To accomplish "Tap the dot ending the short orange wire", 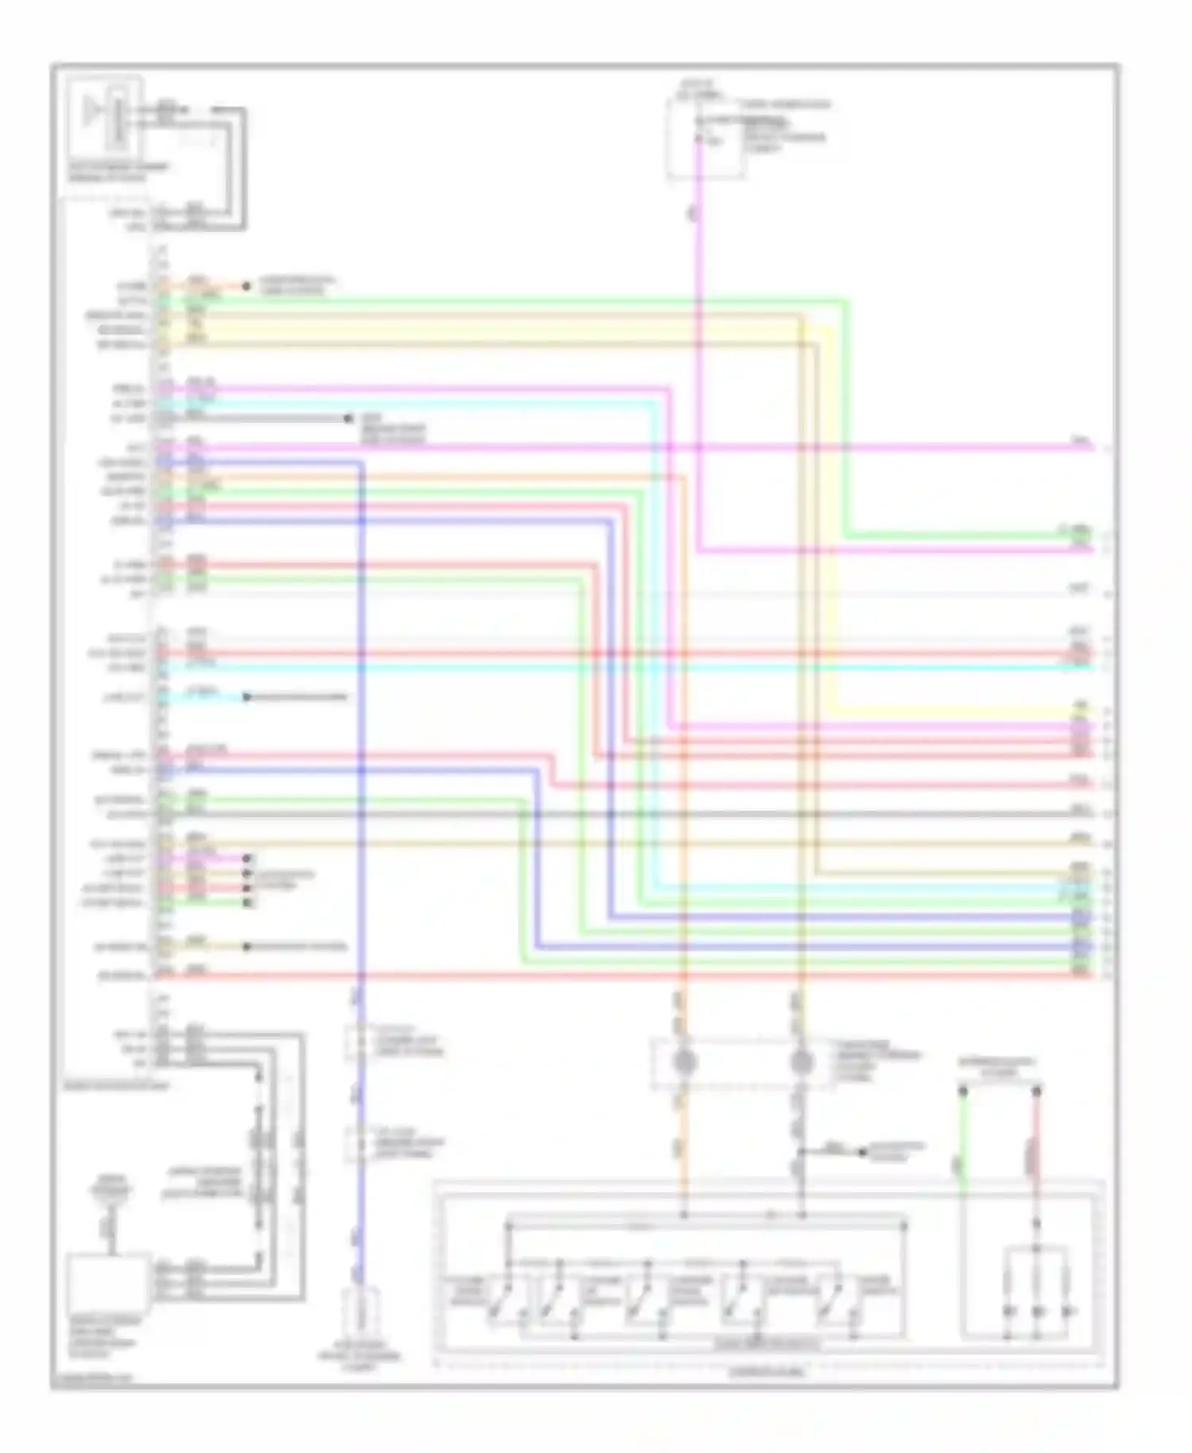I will pyautogui.click(x=246, y=285).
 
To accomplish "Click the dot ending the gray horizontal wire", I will pyautogui.click(x=348, y=418).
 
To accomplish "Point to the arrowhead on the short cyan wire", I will pyautogui.click(x=247, y=697).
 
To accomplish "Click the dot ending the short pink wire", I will pyautogui.click(x=247, y=858).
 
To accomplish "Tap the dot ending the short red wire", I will pyautogui.click(x=247, y=888).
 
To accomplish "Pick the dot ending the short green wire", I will pyautogui.click(x=247, y=903).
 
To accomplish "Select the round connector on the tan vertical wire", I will pyautogui.click(x=802, y=1062).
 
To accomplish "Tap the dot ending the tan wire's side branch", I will pyautogui.click(x=862, y=1151).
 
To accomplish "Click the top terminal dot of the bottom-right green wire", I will pyautogui.click(x=963, y=1091).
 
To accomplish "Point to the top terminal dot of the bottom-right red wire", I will pyautogui.click(x=1036, y=1091).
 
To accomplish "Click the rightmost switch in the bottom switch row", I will pyautogui.click(x=834, y=1296).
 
